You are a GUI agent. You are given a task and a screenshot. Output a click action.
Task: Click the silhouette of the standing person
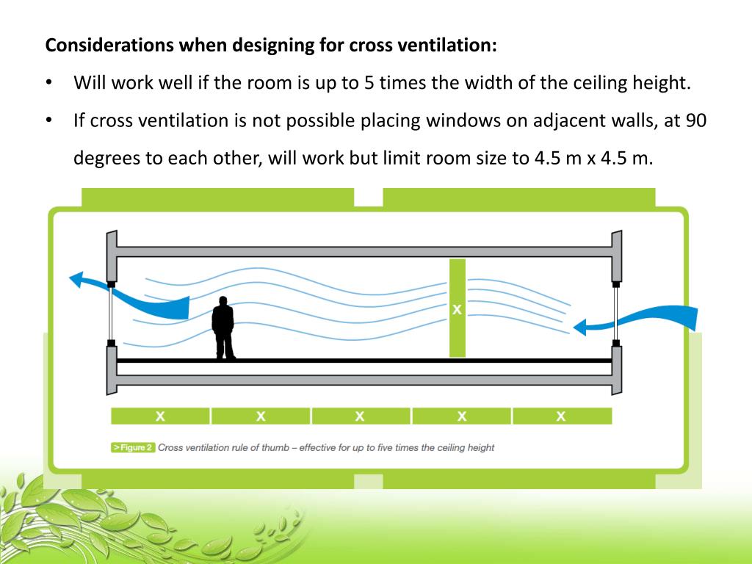pyautogui.click(x=223, y=328)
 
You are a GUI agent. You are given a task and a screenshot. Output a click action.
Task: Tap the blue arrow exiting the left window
pyautogui.click(x=140, y=297)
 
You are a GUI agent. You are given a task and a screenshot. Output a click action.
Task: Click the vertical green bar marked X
pyautogui.click(x=457, y=308)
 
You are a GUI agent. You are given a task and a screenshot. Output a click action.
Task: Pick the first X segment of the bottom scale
pyautogui.click(x=160, y=416)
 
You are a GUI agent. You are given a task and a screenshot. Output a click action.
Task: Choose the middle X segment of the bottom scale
pyautogui.click(x=360, y=416)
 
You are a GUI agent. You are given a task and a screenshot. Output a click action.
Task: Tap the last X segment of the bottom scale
pyautogui.click(x=562, y=416)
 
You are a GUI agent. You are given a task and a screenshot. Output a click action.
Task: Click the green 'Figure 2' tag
pyautogui.click(x=133, y=447)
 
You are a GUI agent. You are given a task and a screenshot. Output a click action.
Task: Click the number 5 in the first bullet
pyautogui.click(x=369, y=82)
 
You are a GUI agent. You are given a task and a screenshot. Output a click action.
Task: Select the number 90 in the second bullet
pyautogui.click(x=695, y=120)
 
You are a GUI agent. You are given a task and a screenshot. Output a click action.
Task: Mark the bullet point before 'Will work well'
pyautogui.click(x=48, y=82)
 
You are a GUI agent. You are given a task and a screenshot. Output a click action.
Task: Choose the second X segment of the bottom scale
pyautogui.click(x=261, y=416)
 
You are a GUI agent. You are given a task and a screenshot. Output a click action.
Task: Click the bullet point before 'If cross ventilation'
pyautogui.click(x=48, y=120)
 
